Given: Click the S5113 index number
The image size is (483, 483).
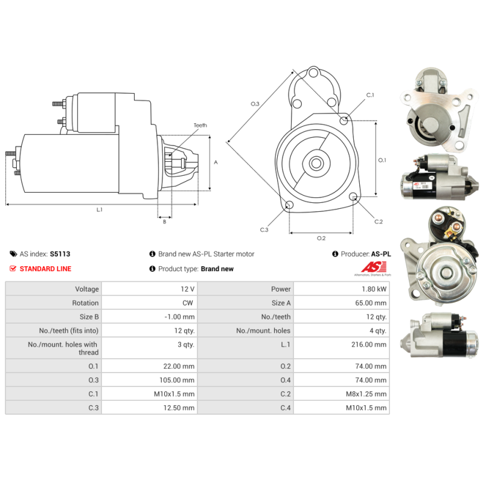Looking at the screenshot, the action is [x=60, y=254].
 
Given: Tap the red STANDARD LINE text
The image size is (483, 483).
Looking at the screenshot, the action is [x=45, y=269].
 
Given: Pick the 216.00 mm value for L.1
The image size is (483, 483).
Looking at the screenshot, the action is [x=369, y=345].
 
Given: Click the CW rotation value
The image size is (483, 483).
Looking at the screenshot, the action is [x=188, y=303].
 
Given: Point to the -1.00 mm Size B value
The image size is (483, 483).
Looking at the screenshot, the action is [x=179, y=317].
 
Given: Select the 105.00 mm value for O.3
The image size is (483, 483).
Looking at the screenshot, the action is [x=177, y=380].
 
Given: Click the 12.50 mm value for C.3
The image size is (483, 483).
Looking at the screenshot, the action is [x=179, y=408].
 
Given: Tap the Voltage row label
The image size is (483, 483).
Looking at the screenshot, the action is [x=87, y=289].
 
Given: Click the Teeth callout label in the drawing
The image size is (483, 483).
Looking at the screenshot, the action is [x=200, y=126].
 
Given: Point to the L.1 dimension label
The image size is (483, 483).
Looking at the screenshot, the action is [x=100, y=210].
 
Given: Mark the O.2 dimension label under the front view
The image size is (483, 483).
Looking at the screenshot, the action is [x=321, y=238].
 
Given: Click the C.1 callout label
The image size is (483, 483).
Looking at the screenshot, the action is [x=370, y=95].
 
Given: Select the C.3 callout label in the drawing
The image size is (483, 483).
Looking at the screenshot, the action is [x=264, y=230].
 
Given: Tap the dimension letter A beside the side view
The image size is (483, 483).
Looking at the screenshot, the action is [x=216, y=162].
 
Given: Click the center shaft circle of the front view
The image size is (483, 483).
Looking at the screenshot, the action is [x=316, y=163].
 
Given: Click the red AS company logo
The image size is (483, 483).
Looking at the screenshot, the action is [x=373, y=267].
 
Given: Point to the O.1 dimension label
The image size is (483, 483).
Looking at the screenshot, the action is [x=382, y=160].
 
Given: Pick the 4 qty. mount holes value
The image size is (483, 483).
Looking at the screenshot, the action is [x=378, y=331].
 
